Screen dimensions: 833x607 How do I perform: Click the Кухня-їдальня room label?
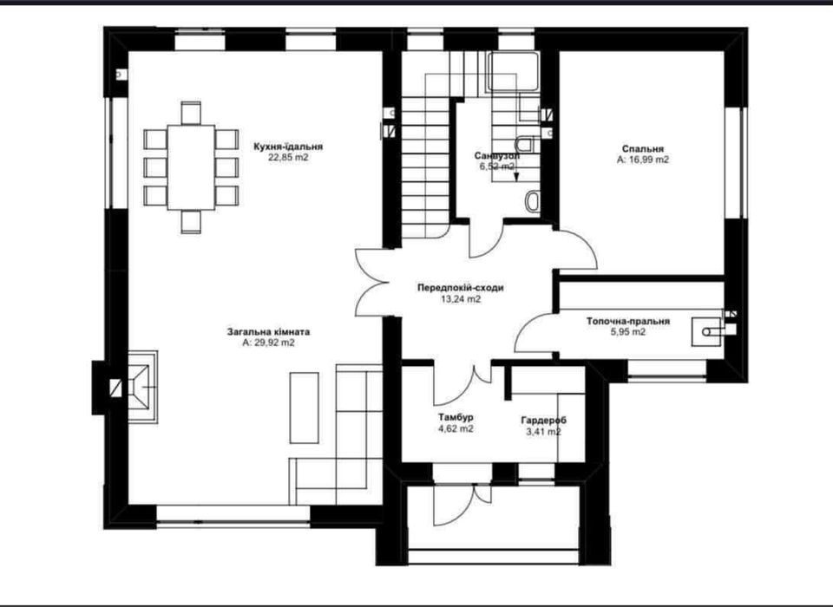click(x=288, y=147)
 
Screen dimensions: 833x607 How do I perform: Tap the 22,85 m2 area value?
click(x=288, y=158)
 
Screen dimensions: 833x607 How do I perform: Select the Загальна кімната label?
click(x=268, y=332)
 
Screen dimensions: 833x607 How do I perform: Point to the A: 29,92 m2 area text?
click(x=268, y=343)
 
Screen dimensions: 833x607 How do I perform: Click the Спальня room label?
click(x=643, y=149)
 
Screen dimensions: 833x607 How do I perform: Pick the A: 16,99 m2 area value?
click(x=643, y=160)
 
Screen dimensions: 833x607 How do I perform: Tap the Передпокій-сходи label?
click(x=461, y=288)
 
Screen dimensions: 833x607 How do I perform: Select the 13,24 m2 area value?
click(x=461, y=299)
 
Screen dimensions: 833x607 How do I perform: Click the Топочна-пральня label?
click(x=628, y=322)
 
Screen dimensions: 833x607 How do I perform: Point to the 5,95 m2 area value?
click(x=628, y=332)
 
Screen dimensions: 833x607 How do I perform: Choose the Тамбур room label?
click(x=456, y=417)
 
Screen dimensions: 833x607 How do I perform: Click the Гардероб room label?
click(x=543, y=421)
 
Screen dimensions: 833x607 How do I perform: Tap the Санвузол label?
click(x=496, y=156)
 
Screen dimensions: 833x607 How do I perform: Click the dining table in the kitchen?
click(x=191, y=167)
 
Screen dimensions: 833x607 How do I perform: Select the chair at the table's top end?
click(x=191, y=113)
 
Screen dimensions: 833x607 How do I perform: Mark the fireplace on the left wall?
click(x=141, y=387)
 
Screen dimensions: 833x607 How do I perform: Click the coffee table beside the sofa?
click(x=305, y=408)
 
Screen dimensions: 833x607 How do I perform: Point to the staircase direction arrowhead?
click(x=515, y=178)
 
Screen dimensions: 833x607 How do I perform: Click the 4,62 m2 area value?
click(x=456, y=428)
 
